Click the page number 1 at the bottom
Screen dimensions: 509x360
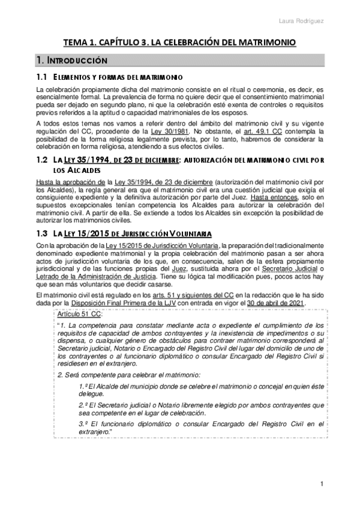(322, 484)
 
